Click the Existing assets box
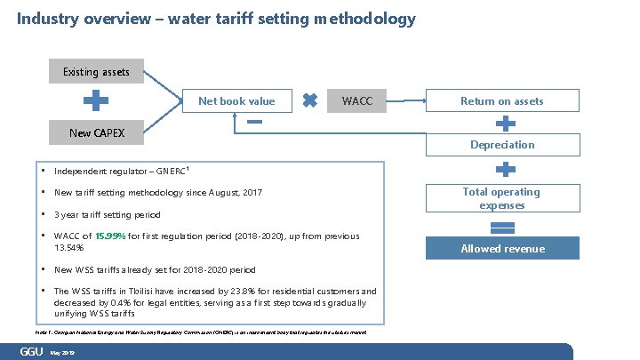click(96, 71)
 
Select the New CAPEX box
click(96, 133)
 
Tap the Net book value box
click(236, 101)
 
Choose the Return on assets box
click(501, 101)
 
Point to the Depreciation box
click(501, 144)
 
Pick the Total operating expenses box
click(501, 198)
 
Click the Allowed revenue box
click(501, 249)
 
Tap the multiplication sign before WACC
click(310, 101)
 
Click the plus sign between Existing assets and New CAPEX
click(96, 102)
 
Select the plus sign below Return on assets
click(503, 123)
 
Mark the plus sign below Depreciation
click(503, 168)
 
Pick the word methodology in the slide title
click(364, 18)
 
